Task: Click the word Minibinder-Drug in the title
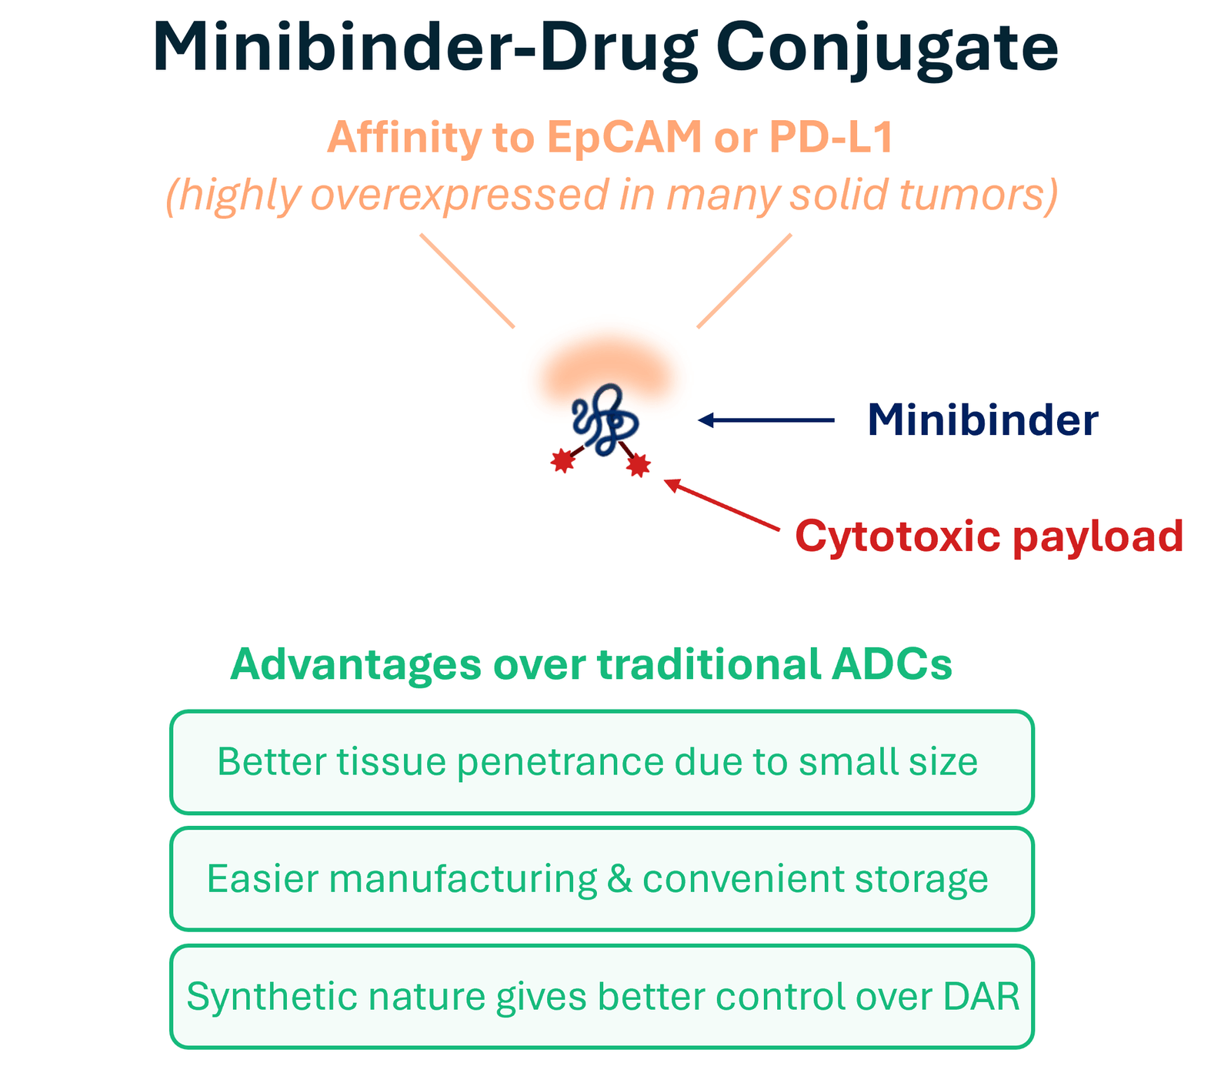(x=425, y=48)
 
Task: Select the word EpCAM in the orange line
(x=625, y=138)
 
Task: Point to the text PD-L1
(x=831, y=138)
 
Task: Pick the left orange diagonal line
(x=467, y=281)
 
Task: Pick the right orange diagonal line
(x=744, y=281)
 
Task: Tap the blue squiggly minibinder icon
(x=605, y=420)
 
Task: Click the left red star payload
(x=563, y=460)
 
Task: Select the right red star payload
(x=638, y=465)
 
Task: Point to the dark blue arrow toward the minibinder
(x=766, y=420)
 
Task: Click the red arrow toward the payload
(x=722, y=506)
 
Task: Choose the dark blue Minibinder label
(x=982, y=420)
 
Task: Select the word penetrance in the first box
(x=560, y=763)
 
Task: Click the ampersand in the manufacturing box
(x=619, y=879)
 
